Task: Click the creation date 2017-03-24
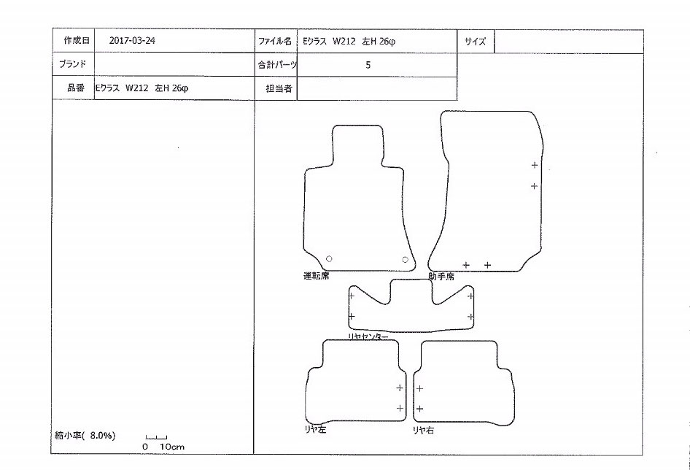pyautogui.click(x=132, y=41)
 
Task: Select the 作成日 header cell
pyautogui.click(x=77, y=41)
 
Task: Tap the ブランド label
pyautogui.click(x=73, y=64)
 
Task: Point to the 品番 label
pyautogui.click(x=76, y=88)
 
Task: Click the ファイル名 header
pyautogui.click(x=274, y=42)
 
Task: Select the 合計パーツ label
pyautogui.click(x=276, y=65)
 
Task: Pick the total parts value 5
pyautogui.click(x=368, y=65)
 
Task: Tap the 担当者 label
pyautogui.click(x=279, y=88)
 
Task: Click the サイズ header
pyautogui.click(x=476, y=42)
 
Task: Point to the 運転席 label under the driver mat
pyautogui.click(x=316, y=276)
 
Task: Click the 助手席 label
pyautogui.click(x=441, y=276)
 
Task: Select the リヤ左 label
pyautogui.click(x=315, y=429)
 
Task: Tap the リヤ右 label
pyautogui.click(x=423, y=430)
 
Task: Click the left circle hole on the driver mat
pyautogui.click(x=329, y=259)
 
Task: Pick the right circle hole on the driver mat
pyautogui.click(x=406, y=260)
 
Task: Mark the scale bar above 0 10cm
pyautogui.click(x=156, y=437)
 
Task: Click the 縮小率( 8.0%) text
pyautogui.click(x=85, y=436)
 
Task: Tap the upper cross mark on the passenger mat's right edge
pyautogui.click(x=534, y=165)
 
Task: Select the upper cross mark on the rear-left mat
pyautogui.click(x=400, y=388)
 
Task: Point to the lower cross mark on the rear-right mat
pyautogui.click(x=420, y=409)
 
